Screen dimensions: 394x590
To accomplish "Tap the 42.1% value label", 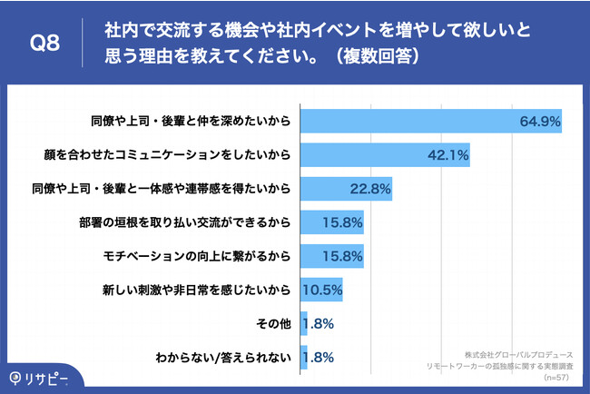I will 447,155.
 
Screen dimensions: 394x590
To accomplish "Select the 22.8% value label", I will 370,189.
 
